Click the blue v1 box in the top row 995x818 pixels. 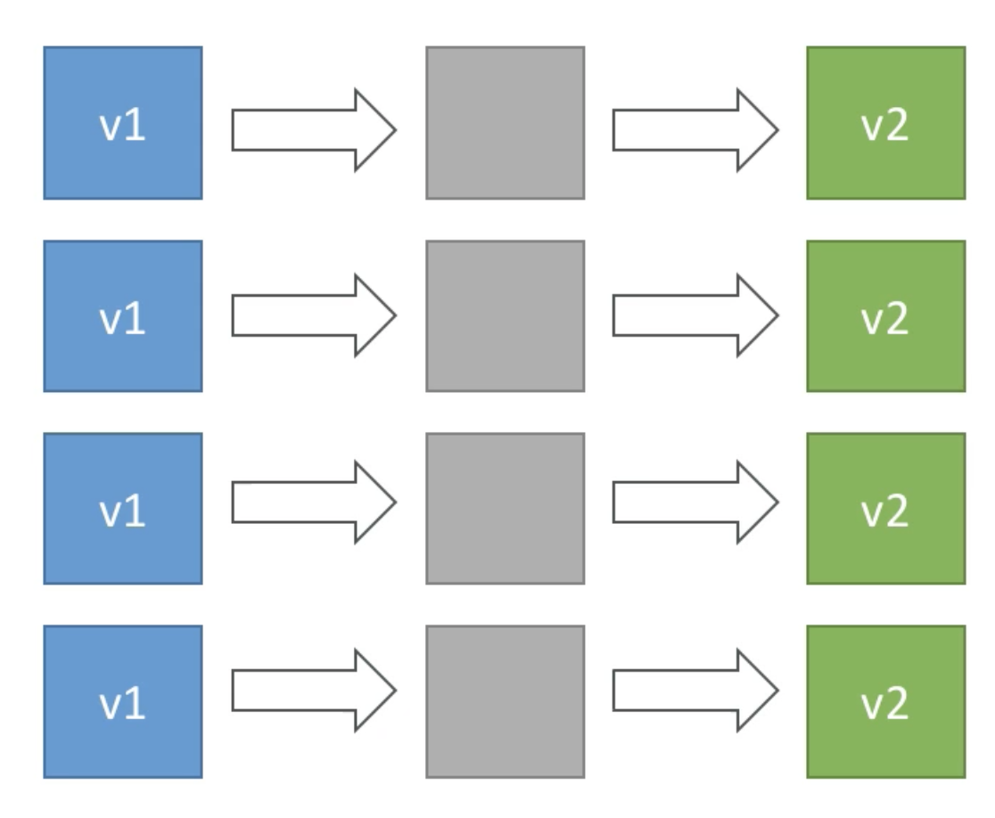123,122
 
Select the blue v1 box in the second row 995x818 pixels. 123,315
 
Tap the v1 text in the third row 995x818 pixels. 122,511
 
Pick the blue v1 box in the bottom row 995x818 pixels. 123,701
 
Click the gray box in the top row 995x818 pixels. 506,122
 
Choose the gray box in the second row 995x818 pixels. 506,315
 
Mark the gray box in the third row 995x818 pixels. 506,509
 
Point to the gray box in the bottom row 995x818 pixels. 506,701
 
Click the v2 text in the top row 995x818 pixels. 884,126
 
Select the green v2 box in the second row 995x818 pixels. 886,315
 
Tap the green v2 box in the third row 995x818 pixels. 886,509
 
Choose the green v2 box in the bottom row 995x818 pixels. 886,701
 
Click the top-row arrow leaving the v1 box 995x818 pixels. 314,130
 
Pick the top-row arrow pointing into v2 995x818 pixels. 695,130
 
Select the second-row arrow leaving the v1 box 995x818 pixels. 314,315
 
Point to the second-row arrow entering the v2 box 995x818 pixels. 695,315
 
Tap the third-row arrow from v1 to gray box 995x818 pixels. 314,503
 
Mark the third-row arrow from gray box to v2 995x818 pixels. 695,503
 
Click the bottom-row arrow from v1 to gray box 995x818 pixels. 314,690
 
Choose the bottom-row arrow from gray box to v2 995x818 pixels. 695,690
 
